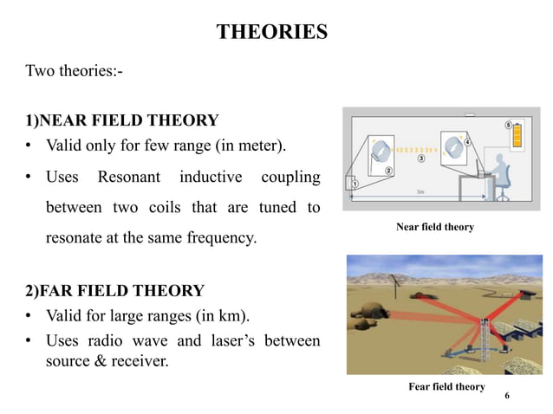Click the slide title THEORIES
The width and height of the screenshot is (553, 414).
pyautogui.click(x=271, y=33)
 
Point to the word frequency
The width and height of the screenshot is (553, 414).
pyautogui.click(x=220, y=236)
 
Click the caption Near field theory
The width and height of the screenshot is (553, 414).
pyautogui.click(x=435, y=227)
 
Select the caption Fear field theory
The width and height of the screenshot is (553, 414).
pyautogui.click(x=446, y=386)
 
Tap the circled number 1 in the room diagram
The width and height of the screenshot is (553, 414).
pyautogui.click(x=355, y=183)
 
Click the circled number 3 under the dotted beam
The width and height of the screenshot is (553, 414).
pyautogui.click(x=421, y=158)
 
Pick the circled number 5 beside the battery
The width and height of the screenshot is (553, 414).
pyautogui.click(x=507, y=125)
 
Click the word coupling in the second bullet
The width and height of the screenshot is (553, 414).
pyautogui.click(x=290, y=178)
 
